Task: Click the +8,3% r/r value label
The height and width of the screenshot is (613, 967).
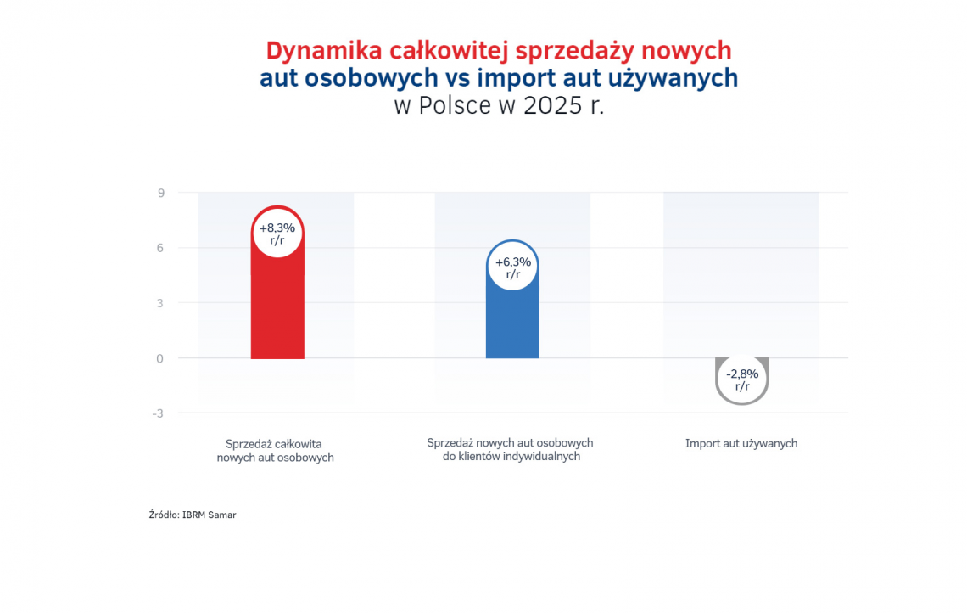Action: [277, 233]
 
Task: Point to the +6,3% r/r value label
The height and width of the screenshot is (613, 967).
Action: [512, 267]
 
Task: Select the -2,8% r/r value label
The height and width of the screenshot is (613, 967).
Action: [742, 380]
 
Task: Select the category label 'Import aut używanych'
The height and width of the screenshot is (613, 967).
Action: [741, 443]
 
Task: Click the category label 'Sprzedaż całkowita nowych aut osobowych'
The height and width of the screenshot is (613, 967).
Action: [275, 451]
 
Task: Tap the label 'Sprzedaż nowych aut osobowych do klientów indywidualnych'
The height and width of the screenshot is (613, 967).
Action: [510, 450]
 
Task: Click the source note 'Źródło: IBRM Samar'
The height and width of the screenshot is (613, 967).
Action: [193, 515]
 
